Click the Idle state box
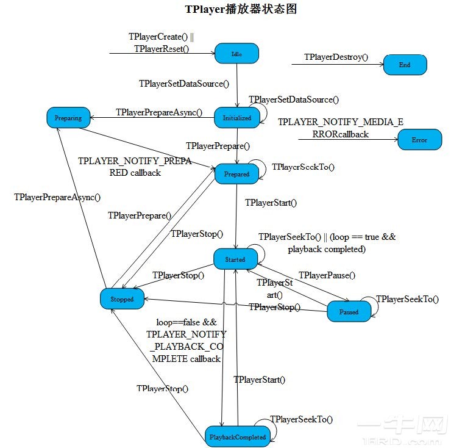(236, 54)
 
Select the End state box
(405, 64)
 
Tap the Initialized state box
(236, 118)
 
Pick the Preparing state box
(68, 118)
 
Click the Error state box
(419, 140)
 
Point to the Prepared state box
(236, 174)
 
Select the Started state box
(235, 259)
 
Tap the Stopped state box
(122, 299)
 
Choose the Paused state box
(349, 311)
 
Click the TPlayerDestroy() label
(336, 57)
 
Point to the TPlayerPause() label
(327, 275)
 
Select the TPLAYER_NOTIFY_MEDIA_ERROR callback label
(341, 128)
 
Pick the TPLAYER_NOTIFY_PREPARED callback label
(135, 167)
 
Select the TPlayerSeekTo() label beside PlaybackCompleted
(301, 419)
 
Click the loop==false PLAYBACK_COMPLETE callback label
(186, 341)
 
